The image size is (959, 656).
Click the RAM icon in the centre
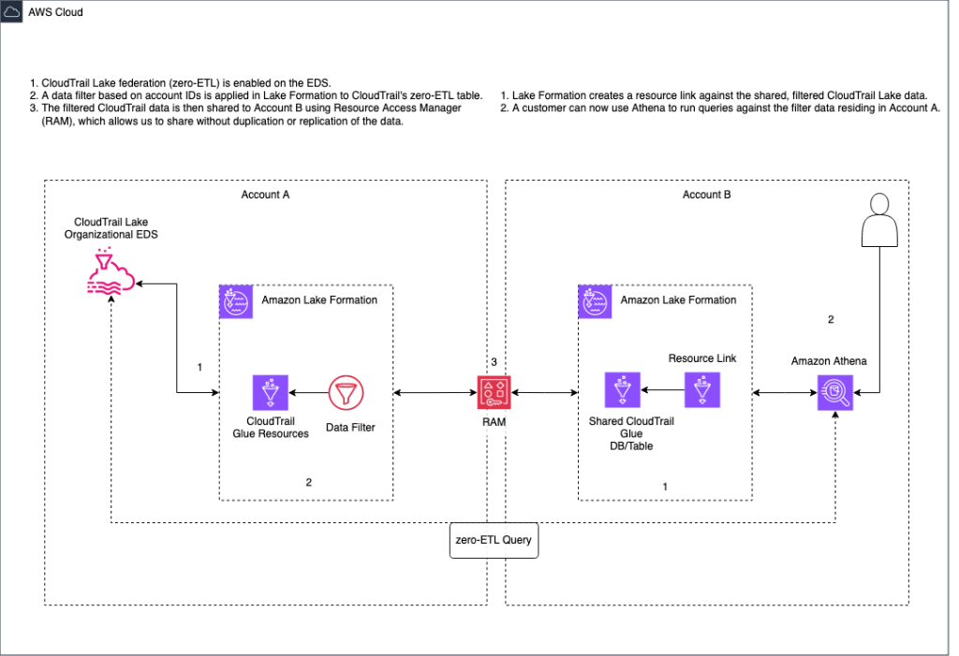(494, 393)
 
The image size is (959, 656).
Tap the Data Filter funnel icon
(346, 393)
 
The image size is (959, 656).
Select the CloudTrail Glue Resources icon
(271, 393)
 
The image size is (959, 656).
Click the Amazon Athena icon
(835, 393)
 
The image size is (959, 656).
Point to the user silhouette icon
(879, 224)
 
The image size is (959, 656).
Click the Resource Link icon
(701, 388)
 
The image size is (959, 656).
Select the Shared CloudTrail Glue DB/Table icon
(623, 390)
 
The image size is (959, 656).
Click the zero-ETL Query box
(494, 540)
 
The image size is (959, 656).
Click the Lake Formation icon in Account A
(235, 300)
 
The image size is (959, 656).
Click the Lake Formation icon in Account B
(593, 300)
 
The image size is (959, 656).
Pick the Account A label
(266, 195)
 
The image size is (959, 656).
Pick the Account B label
(707, 195)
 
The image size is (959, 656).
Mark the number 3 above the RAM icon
(494, 361)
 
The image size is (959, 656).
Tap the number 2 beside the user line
(830, 319)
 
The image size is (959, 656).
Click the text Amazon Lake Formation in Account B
(678, 299)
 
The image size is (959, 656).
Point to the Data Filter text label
(351, 427)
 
